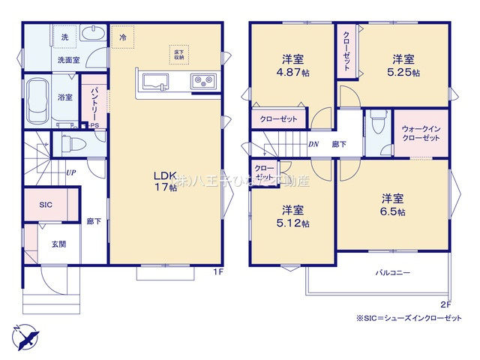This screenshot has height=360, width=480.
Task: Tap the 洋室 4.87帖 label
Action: (292, 66)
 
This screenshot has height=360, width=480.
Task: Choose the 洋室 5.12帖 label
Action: (293, 215)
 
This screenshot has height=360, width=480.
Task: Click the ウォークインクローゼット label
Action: (420, 133)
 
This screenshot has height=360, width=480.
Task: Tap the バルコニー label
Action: (392, 273)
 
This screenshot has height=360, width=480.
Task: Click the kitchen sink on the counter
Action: (156, 82)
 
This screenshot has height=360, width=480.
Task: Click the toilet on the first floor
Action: (67, 142)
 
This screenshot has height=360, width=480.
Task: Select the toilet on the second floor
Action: (375, 124)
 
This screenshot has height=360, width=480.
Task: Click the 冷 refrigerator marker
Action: (122, 36)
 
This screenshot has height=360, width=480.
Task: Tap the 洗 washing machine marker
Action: (64, 37)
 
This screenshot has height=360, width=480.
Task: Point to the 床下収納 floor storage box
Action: (179, 53)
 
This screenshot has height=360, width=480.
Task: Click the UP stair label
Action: (70, 172)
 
